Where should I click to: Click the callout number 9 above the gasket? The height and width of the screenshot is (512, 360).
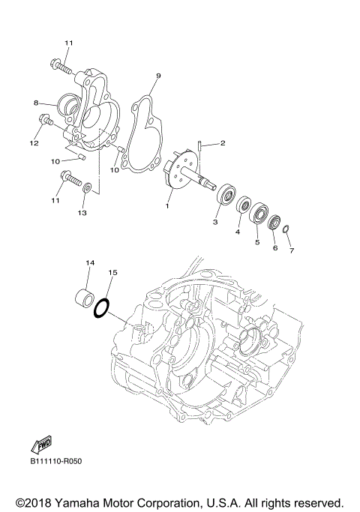pyautogui.click(x=158, y=76)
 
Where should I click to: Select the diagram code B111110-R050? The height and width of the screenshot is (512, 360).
pyautogui.click(x=55, y=460)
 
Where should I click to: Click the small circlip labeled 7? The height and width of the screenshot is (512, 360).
pyautogui.click(x=289, y=229)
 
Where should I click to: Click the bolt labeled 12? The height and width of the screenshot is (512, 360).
pyautogui.click(x=42, y=119)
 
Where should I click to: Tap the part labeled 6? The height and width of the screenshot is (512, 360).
pyautogui.click(x=274, y=223)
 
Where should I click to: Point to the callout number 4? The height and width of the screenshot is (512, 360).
pyautogui.click(x=238, y=232)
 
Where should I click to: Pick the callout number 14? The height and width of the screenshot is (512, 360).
pyautogui.click(x=89, y=263)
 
